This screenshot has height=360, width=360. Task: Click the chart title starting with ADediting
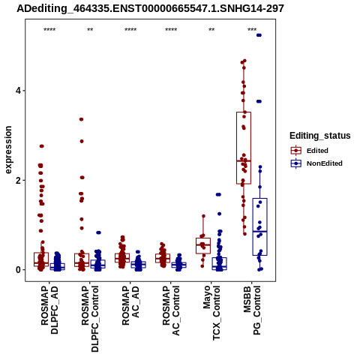click(x=150, y=9)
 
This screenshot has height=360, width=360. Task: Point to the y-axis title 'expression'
click(x=8, y=150)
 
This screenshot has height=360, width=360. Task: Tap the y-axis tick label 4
click(x=18, y=91)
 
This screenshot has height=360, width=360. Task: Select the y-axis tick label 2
click(x=18, y=180)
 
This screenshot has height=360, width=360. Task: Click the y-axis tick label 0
click(x=18, y=270)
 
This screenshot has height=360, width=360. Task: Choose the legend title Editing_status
click(x=320, y=136)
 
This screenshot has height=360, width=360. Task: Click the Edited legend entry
click(x=309, y=151)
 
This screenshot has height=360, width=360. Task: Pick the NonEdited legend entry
click(x=316, y=163)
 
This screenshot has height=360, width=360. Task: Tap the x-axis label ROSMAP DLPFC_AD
click(x=49, y=310)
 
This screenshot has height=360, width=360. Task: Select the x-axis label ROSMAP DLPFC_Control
click(x=90, y=319)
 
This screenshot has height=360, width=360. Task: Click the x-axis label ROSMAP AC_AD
click(x=130, y=306)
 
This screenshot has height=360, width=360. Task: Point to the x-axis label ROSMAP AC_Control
click(x=171, y=310)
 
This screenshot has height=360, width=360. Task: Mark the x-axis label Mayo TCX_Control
click(x=211, y=313)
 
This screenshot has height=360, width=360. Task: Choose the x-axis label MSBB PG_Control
click(x=252, y=310)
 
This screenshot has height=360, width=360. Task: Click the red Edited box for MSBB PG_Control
click(x=244, y=112)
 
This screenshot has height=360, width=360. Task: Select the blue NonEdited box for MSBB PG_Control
click(x=260, y=199)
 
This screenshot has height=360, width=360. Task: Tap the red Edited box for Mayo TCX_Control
click(x=203, y=238)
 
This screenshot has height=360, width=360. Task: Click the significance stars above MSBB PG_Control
click(x=252, y=30)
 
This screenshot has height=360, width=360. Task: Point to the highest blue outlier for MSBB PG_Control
click(x=259, y=35)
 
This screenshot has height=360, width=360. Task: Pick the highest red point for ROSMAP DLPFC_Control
click(x=81, y=119)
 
